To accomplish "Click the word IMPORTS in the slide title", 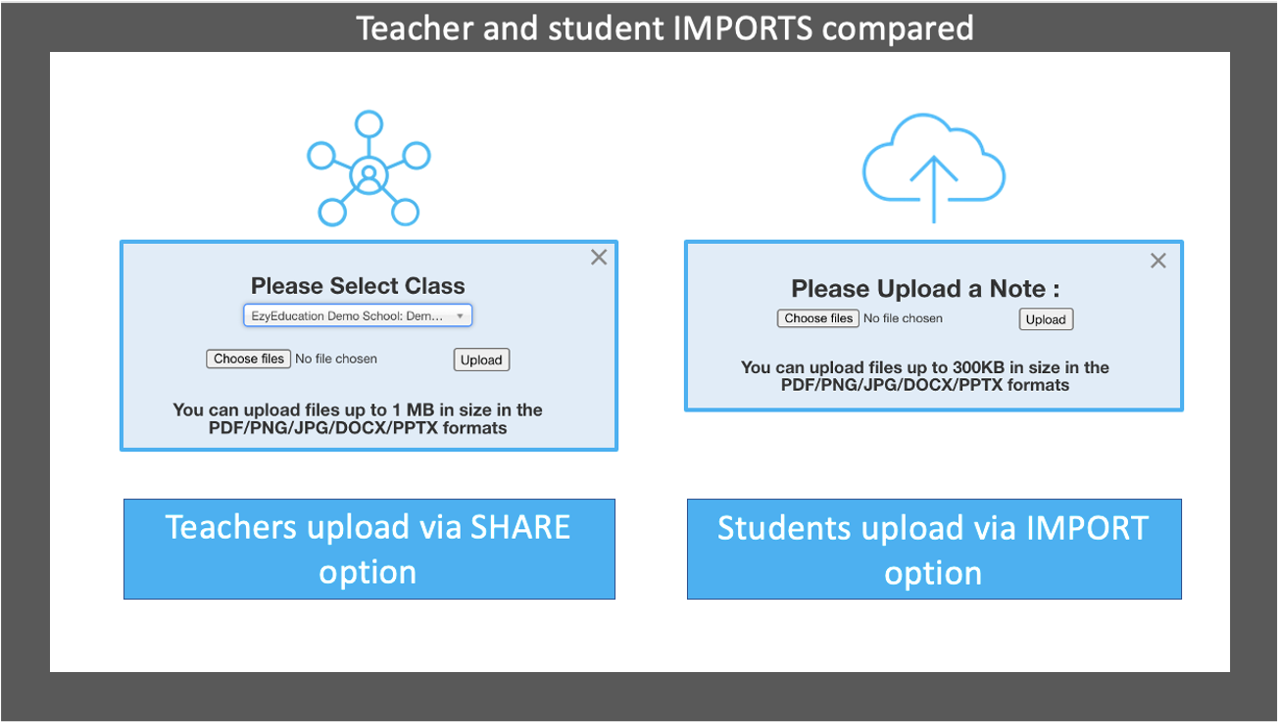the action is (x=742, y=28).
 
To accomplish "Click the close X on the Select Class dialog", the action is (x=599, y=258).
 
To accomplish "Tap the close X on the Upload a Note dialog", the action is (x=1157, y=261).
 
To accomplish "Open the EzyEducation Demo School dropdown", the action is (x=358, y=315).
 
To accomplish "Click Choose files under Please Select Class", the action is (x=248, y=359).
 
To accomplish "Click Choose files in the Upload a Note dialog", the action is (x=817, y=318).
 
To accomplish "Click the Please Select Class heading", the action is (x=358, y=286).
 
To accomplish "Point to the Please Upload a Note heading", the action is (x=925, y=289).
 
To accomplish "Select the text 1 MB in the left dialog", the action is (x=413, y=410).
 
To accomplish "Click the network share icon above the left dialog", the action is (x=369, y=168).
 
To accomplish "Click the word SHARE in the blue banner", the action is (x=519, y=527).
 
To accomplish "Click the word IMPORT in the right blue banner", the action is (x=1087, y=528).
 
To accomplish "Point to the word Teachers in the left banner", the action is (x=230, y=527).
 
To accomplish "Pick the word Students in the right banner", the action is (x=784, y=528).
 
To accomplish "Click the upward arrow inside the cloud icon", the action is (x=933, y=189).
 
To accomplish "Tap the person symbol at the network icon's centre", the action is (x=369, y=176).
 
